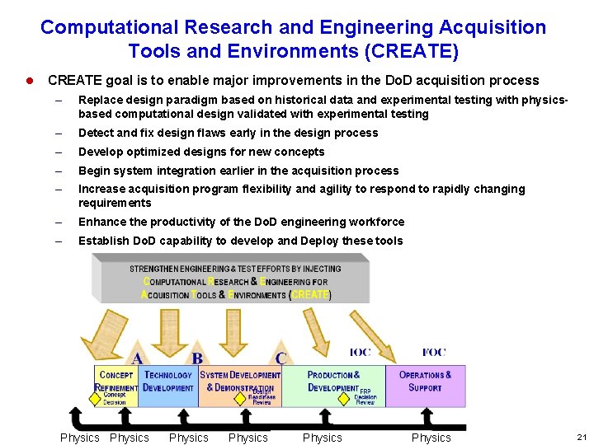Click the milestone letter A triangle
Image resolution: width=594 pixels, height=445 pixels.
click(x=138, y=358)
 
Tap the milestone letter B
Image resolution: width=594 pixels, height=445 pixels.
click(x=197, y=358)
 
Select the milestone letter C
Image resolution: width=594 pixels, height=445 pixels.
click(x=280, y=358)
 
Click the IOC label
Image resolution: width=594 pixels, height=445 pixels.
click(x=361, y=353)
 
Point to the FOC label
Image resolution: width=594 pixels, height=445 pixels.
click(x=434, y=353)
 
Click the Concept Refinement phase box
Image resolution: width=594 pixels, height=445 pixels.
click(x=116, y=386)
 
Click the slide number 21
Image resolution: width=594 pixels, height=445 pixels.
click(x=580, y=438)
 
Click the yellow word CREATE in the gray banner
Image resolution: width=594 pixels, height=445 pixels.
click(x=310, y=294)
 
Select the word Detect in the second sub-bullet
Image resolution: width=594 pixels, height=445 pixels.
click(x=96, y=133)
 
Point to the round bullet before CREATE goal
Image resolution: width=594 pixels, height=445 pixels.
click(x=29, y=81)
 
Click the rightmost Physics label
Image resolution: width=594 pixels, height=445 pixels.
click(x=431, y=438)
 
